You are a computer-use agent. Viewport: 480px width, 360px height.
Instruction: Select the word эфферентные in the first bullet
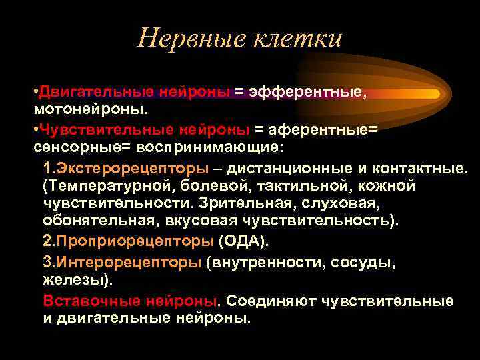click(x=307, y=92)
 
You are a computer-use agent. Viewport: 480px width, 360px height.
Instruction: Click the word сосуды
click(x=363, y=263)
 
